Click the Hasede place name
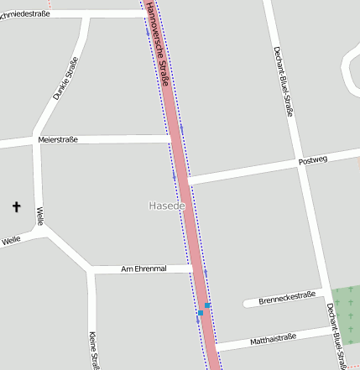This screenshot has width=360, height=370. pyautogui.click(x=166, y=206)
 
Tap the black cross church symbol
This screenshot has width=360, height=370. pyautogui.click(x=16, y=206)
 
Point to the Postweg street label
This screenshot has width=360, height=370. pyautogui.click(x=312, y=159)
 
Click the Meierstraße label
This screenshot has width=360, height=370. pyautogui.click(x=58, y=139)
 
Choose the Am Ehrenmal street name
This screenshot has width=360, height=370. pyautogui.click(x=144, y=268)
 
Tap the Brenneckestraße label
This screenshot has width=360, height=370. pyautogui.click(x=286, y=296)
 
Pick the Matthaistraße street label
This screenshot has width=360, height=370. pyautogui.click(x=270, y=340)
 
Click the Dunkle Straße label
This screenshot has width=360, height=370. pyautogui.click(x=65, y=78)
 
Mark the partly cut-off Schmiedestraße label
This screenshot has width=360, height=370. pyautogui.click(x=25, y=13)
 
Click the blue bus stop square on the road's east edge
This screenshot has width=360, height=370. pyautogui.click(x=207, y=306)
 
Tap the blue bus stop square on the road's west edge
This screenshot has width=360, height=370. pyautogui.click(x=201, y=313)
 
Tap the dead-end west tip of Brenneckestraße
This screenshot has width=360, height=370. pyautogui.click(x=245, y=303)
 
